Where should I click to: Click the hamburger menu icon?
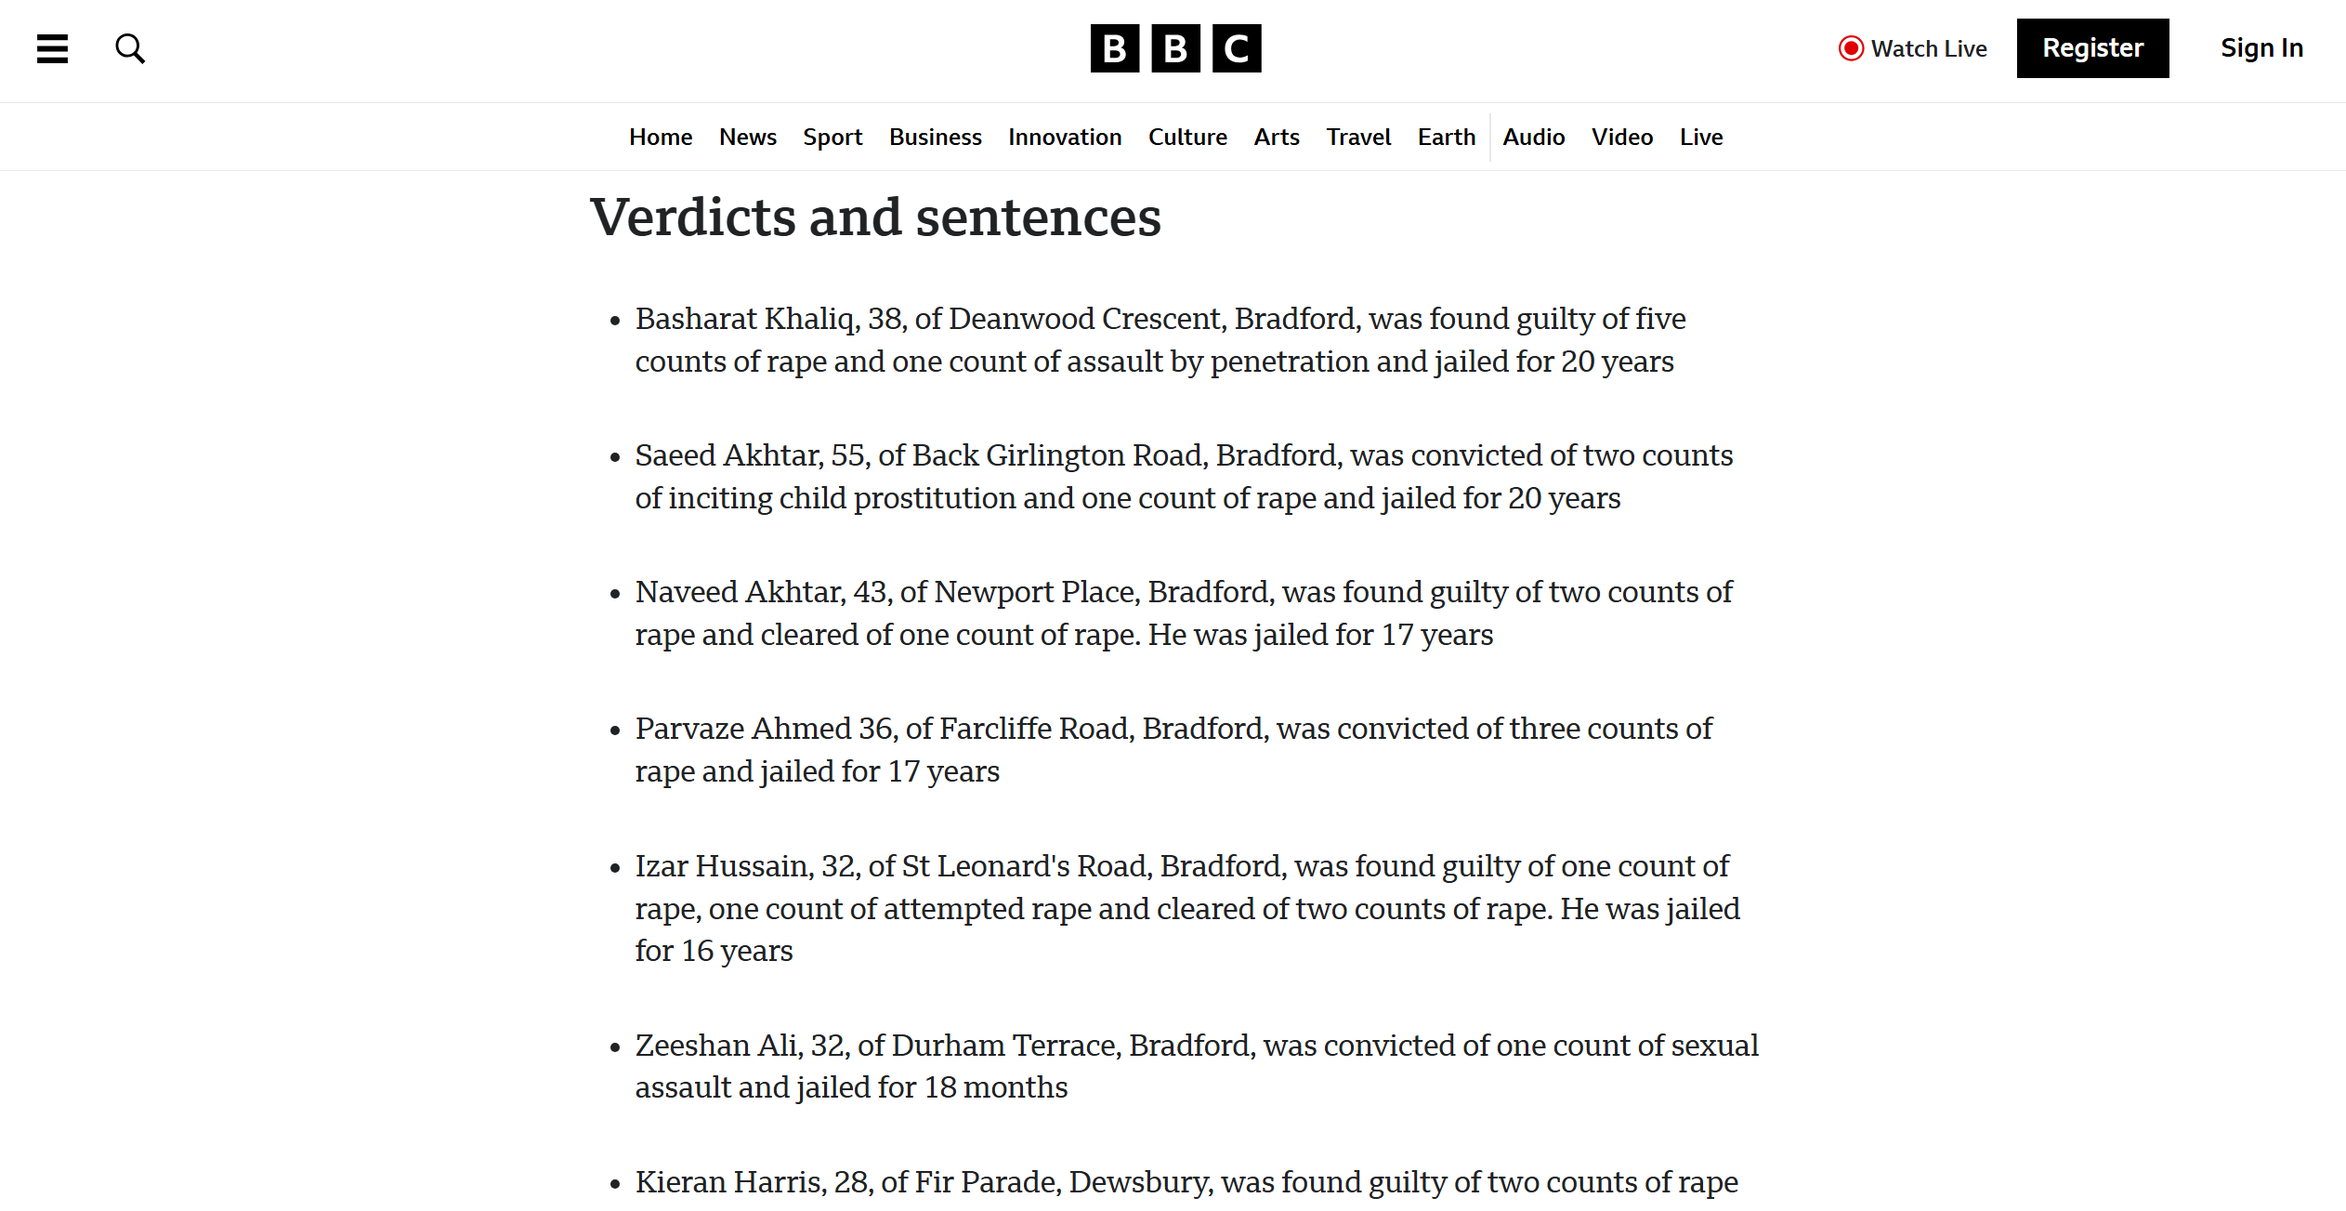[x=52, y=48]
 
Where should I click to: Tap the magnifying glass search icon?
[x=130, y=48]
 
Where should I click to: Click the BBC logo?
[x=1175, y=48]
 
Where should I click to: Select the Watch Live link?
[x=1913, y=48]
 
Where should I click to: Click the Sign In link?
[x=2261, y=48]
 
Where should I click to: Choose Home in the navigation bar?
[x=661, y=138]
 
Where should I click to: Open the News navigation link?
[x=747, y=138]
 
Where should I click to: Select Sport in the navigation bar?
[x=832, y=138]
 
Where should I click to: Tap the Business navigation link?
[x=935, y=138]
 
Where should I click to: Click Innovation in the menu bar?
[x=1065, y=138]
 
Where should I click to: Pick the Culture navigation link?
[x=1187, y=138]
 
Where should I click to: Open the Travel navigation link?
[x=1358, y=138]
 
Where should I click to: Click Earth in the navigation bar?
[x=1446, y=138]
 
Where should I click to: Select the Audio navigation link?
[x=1533, y=138]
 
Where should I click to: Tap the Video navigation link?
[x=1621, y=138]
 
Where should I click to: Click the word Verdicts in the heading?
[x=693, y=217]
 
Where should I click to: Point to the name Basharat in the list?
[x=696, y=319]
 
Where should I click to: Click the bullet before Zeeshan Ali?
[x=615, y=1048]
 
